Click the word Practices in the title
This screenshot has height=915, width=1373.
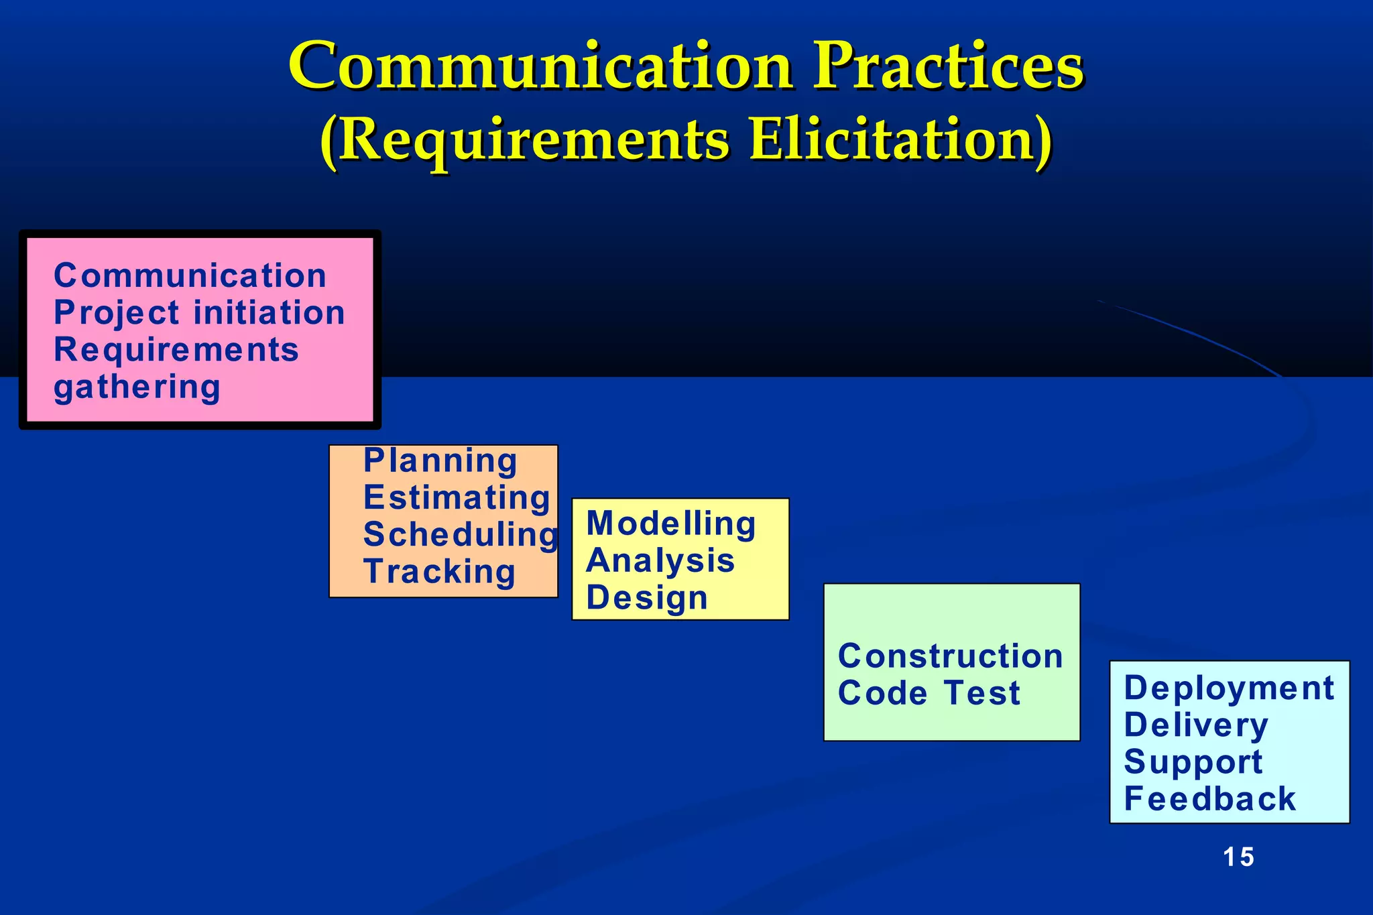[x=947, y=66]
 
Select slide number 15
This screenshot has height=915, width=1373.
[x=1238, y=857]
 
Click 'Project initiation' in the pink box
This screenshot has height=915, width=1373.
[x=199, y=313]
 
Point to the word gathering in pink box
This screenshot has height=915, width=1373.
[x=137, y=387]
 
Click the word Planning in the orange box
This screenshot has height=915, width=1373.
[x=440, y=461]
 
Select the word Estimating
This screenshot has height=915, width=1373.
[x=457, y=498]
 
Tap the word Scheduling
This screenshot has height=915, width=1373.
[x=460, y=535]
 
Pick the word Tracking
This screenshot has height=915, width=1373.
[x=440, y=572]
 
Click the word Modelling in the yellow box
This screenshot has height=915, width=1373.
[x=671, y=524]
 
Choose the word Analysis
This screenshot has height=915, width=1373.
[x=660, y=560]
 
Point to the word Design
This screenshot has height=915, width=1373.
[x=647, y=597]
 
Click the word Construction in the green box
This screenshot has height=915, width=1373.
[x=950, y=656]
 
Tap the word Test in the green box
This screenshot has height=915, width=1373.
[x=982, y=693]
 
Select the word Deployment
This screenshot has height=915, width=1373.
[x=1229, y=688]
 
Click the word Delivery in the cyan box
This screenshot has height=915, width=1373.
[x=1196, y=725]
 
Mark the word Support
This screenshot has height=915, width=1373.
[x=1193, y=762]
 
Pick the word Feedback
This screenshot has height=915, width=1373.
[x=1209, y=799]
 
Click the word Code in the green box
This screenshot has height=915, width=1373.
[x=882, y=693]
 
